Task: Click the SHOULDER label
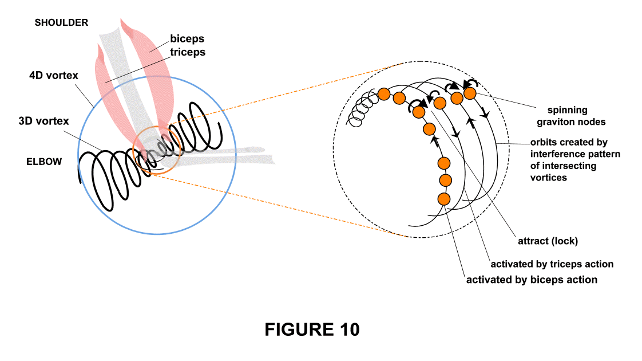[x=61, y=23]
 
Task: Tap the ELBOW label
[x=44, y=162]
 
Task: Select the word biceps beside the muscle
[x=188, y=40]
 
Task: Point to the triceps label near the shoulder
[x=188, y=52]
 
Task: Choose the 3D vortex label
[x=43, y=121]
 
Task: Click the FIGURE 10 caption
[x=312, y=329]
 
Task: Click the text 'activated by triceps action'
[x=552, y=264]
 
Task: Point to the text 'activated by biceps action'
[x=532, y=280]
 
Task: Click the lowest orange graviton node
[x=443, y=199]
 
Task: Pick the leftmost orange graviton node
[x=384, y=94]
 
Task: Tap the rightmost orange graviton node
[x=470, y=93]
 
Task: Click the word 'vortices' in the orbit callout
[x=548, y=178]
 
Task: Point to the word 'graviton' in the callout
[x=553, y=121]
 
